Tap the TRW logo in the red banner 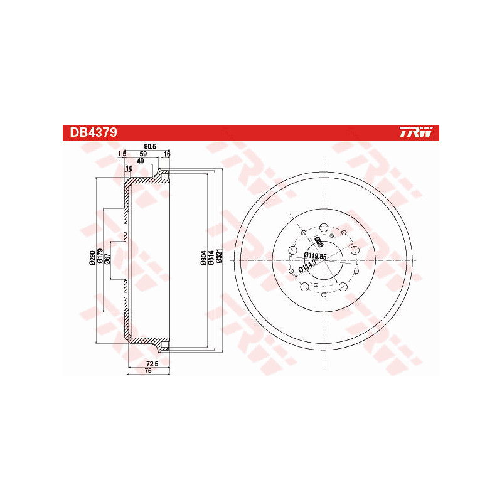[x=416, y=133]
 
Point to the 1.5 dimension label [x=122, y=154]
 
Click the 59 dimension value [x=143, y=154]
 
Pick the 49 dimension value [x=140, y=161]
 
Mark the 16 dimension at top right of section [x=167, y=154]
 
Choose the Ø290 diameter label [x=92, y=258]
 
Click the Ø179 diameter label [x=100, y=258]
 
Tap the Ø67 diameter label [x=108, y=258]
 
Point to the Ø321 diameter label [x=220, y=258]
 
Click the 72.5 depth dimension [x=151, y=364]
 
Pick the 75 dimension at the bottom [x=149, y=371]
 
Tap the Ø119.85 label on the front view [x=316, y=256]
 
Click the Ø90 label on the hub [x=319, y=242]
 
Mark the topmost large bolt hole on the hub [x=323, y=228]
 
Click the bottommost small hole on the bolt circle [x=323, y=294]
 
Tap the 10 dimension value [x=129, y=168]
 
